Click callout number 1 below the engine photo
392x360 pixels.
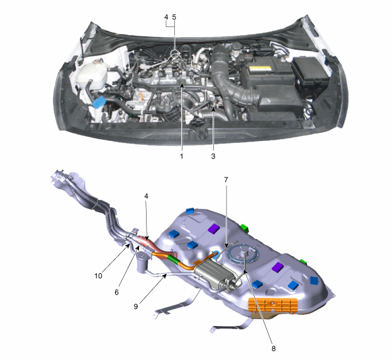tap(182, 156)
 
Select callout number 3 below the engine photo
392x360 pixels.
tap(213, 156)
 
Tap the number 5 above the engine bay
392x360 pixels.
tap(174, 17)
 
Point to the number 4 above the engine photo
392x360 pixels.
tap(167, 17)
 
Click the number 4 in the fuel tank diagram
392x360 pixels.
tap(146, 196)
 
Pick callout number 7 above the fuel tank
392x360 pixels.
tap(226, 180)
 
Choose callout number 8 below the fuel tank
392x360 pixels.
tap(274, 349)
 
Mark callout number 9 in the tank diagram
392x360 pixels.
tap(136, 307)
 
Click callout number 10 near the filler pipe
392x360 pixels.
tap(99, 276)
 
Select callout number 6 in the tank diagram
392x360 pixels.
tap(116, 292)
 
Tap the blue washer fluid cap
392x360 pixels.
tap(98, 102)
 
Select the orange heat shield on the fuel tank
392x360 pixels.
tap(273, 305)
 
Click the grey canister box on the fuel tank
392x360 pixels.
tap(215, 275)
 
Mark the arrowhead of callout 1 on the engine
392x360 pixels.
tap(182, 86)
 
